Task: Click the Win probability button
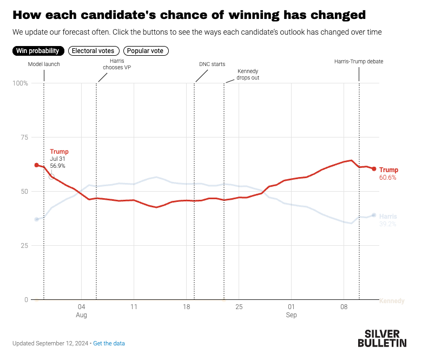(x=37, y=51)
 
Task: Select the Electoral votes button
(x=94, y=51)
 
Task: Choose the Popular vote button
(x=146, y=51)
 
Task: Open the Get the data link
(x=109, y=343)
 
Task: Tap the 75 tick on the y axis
(x=24, y=137)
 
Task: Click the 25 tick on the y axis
(x=24, y=246)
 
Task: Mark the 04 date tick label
(x=82, y=306)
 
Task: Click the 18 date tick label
(x=186, y=306)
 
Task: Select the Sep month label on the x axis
(x=291, y=315)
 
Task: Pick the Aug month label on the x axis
(x=82, y=315)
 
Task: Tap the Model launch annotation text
(x=44, y=64)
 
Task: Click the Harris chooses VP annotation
(x=116, y=64)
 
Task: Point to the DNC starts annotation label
(x=212, y=64)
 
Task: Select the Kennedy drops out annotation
(x=248, y=74)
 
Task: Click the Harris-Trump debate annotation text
(x=358, y=61)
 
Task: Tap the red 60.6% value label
(x=387, y=178)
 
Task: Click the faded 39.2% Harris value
(x=387, y=224)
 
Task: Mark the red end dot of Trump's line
(x=374, y=169)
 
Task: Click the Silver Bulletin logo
(x=382, y=337)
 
